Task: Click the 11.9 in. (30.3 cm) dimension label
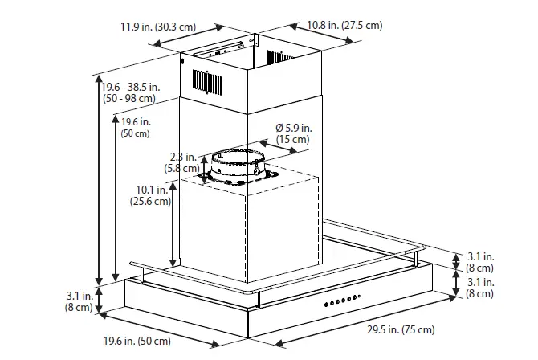click(158, 27)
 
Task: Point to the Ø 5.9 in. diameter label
click(293, 128)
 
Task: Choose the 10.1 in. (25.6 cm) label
click(151, 196)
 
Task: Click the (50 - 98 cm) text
click(128, 98)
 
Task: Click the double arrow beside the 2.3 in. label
click(203, 166)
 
